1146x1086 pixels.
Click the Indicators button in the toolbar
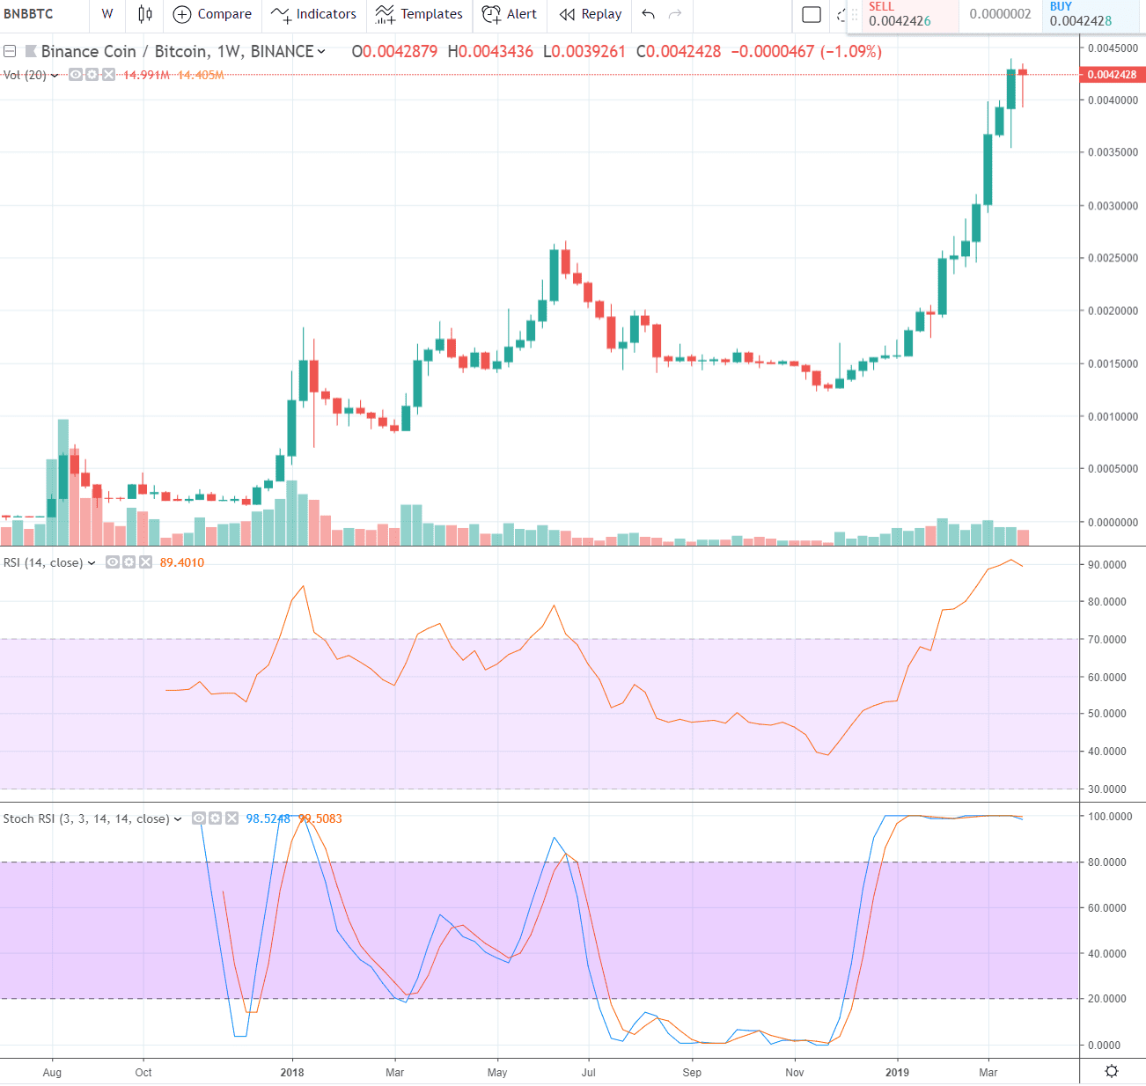314,14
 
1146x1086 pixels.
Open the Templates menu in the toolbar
419,14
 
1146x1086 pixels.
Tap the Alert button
510,14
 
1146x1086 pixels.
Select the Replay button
591,14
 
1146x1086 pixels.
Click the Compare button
212,14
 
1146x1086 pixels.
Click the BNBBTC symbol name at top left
28,14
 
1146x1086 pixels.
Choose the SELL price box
900,14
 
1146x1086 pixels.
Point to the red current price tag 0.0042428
1112,75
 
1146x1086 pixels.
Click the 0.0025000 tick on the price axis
1113,258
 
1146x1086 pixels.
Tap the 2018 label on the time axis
292,1072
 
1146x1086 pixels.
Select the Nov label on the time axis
795,1072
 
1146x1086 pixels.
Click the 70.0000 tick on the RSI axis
1107,640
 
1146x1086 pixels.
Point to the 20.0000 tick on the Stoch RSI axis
1107,999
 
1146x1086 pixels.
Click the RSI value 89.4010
182,562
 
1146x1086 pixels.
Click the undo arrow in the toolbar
649,14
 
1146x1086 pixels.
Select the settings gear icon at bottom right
1112,1071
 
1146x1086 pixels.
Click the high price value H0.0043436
490,51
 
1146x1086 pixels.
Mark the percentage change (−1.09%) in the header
851,51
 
